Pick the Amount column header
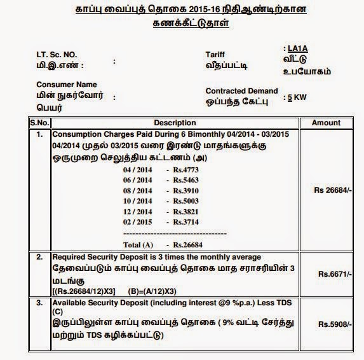point(330,122)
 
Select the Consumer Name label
point(66,85)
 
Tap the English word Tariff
point(216,55)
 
